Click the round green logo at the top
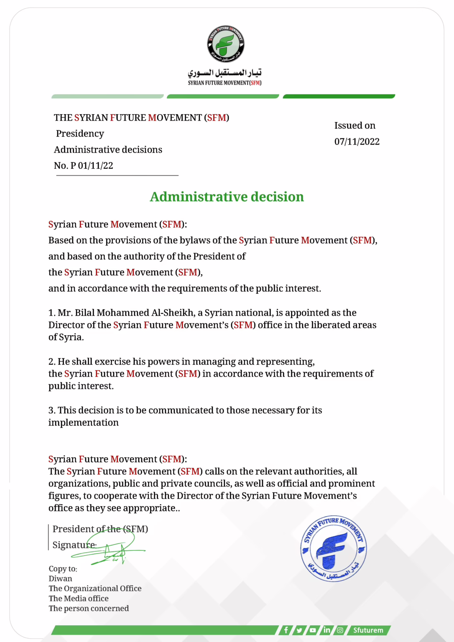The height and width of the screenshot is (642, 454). [226, 44]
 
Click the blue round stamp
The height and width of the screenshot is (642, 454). [334, 548]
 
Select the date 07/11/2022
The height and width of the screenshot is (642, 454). [357, 142]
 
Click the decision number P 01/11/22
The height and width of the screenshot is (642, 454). [92, 166]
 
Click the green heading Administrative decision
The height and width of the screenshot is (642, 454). [227, 197]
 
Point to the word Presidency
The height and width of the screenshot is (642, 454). [80, 134]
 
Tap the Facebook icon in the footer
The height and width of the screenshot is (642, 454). [286, 630]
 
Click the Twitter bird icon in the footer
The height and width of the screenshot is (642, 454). [299, 630]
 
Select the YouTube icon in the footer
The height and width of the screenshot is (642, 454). [313, 630]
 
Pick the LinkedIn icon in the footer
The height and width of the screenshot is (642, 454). [326, 630]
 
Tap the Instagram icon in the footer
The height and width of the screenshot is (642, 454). [340, 630]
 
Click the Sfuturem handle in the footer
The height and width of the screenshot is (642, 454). [368, 630]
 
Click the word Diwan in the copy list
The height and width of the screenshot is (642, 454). [60, 578]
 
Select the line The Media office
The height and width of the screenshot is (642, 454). [79, 599]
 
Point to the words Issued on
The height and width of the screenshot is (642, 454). [355, 125]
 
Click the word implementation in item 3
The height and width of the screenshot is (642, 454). [83, 423]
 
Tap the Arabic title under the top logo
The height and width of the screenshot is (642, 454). [224, 73]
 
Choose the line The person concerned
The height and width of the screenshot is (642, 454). [89, 609]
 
